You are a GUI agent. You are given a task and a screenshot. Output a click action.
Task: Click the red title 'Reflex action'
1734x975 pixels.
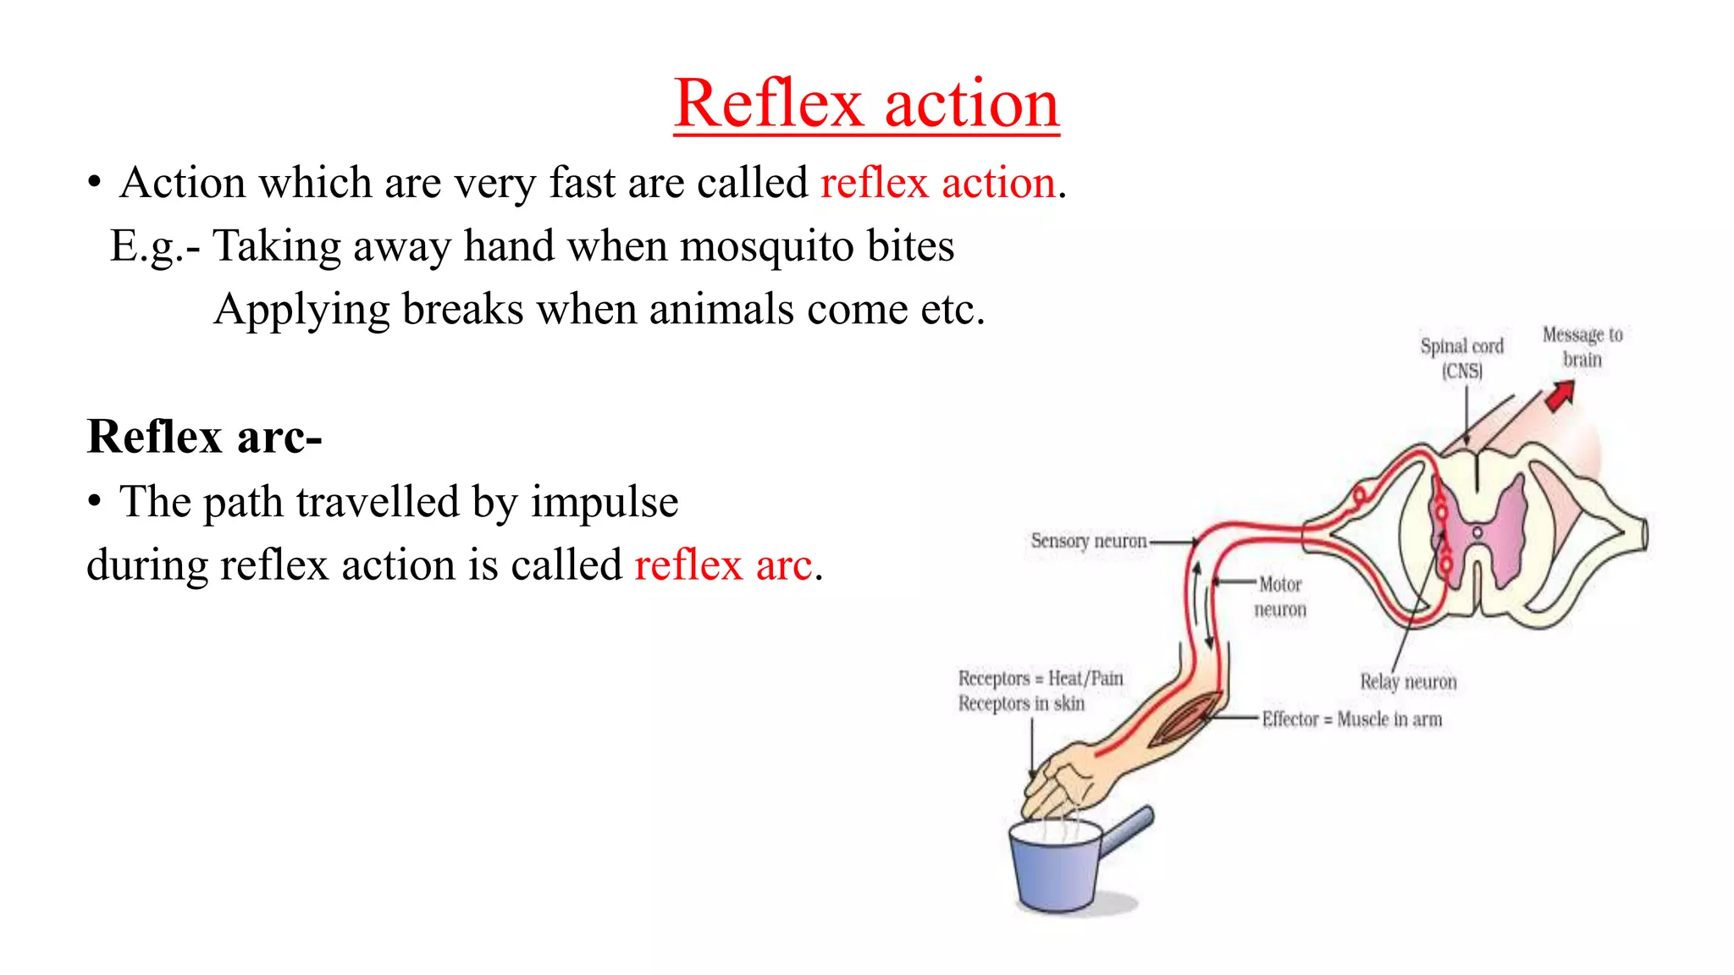click(x=866, y=103)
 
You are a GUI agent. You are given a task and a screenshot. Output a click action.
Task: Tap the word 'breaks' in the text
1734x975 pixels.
click(x=462, y=309)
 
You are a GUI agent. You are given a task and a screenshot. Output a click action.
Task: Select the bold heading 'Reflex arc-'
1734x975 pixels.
click(x=204, y=438)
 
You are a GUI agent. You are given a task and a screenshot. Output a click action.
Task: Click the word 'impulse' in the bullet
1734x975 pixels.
click(x=604, y=502)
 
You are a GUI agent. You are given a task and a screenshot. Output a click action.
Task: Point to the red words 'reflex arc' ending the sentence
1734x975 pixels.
click(x=723, y=565)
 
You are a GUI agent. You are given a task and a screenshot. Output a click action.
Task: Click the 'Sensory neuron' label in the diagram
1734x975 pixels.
click(x=1089, y=541)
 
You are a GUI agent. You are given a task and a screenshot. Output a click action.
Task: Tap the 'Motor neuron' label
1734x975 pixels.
click(x=1279, y=597)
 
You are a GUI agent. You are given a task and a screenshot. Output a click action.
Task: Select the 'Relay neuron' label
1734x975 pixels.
click(x=1408, y=682)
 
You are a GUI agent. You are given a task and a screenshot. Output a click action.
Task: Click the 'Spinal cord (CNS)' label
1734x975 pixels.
click(x=1462, y=358)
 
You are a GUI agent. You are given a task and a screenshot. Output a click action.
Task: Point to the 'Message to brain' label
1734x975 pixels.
click(x=1582, y=347)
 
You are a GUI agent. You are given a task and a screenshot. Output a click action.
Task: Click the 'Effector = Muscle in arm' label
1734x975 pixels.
click(x=1351, y=719)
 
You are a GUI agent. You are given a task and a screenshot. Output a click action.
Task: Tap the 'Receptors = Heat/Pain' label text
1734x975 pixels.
click(x=1041, y=679)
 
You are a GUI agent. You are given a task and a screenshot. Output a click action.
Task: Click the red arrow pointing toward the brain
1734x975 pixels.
click(x=1560, y=395)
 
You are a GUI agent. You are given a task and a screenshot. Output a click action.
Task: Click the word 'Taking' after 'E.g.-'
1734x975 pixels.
click(x=276, y=246)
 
